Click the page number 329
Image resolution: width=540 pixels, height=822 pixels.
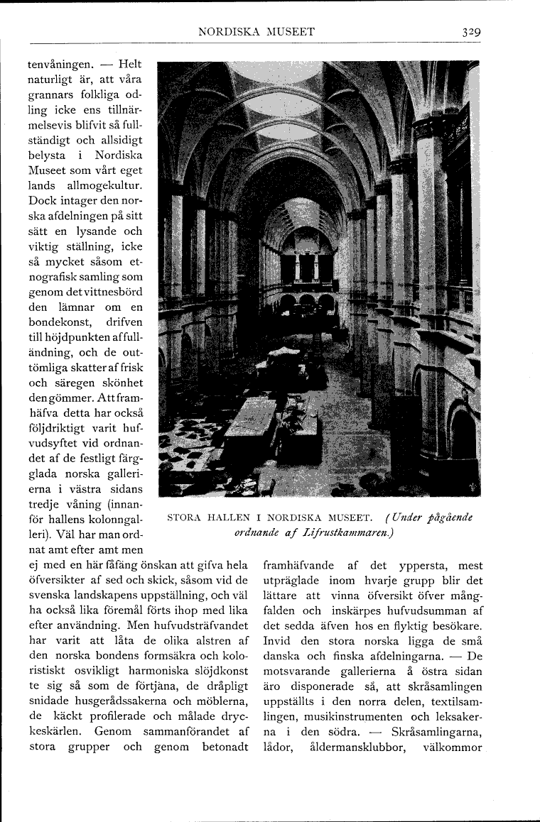pos(472,32)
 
